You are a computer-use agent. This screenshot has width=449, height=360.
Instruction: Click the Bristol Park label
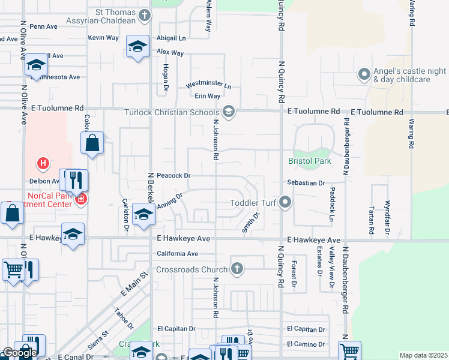click(310, 162)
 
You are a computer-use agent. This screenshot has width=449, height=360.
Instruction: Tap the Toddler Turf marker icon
click(286, 203)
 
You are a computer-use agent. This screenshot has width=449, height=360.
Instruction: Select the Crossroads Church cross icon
click(238, 269)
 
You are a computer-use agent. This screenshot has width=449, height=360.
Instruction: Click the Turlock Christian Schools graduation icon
click(228, 112)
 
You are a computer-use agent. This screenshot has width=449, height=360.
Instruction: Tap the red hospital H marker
click(43, 163)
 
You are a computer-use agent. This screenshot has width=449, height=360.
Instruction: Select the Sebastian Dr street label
click(306, 182)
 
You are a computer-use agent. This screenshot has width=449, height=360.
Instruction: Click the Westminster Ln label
click(208, 85)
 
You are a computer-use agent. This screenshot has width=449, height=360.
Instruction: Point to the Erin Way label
click(207, 96)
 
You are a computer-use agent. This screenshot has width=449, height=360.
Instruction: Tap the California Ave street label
click(177, 254)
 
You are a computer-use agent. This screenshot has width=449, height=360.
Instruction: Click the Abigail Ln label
click(171, 38)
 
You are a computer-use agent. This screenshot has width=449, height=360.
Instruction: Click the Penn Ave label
click(43, 27)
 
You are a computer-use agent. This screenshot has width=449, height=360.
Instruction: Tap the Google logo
click(19, 353)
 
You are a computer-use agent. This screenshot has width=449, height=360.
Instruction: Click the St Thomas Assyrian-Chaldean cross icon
click(145, 16)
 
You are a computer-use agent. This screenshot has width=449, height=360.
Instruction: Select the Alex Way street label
click(170, 53)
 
